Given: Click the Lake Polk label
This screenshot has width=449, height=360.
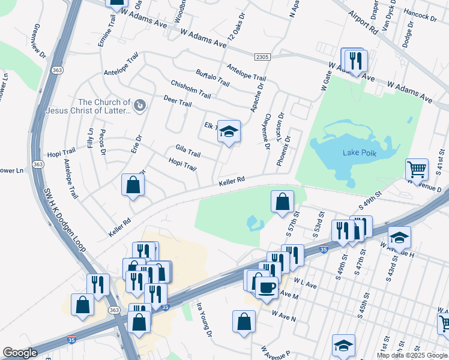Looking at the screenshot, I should pyautogui.click(x=359, y=153).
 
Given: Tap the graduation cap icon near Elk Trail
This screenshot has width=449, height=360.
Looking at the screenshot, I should pyautogui.click(x=228, y=131).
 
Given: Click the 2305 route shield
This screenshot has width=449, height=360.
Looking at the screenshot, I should pyautogui.click(x=262, y=57).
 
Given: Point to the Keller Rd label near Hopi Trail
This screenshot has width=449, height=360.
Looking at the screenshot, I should pyautogui.click(x=232, y=181).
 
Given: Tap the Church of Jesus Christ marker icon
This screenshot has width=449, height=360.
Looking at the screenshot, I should pyautogui.click(x=140, y=106).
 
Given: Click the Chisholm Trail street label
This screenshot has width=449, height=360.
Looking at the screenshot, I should pyautogui.click(x=191, y=89).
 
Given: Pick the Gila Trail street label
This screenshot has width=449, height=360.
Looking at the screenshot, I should pyautogui.click(x=188, y=151).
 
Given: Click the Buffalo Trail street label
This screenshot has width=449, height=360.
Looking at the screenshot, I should pyautogui.click(x=212, y=77).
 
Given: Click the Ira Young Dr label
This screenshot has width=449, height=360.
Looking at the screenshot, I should pyautogui.click(x=204, y=320).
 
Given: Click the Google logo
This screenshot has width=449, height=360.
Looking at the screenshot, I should pyautogui.click(x=20, y=353).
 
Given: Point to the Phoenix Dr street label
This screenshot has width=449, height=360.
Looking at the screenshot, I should pyautogui.click(x=283, y=151).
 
